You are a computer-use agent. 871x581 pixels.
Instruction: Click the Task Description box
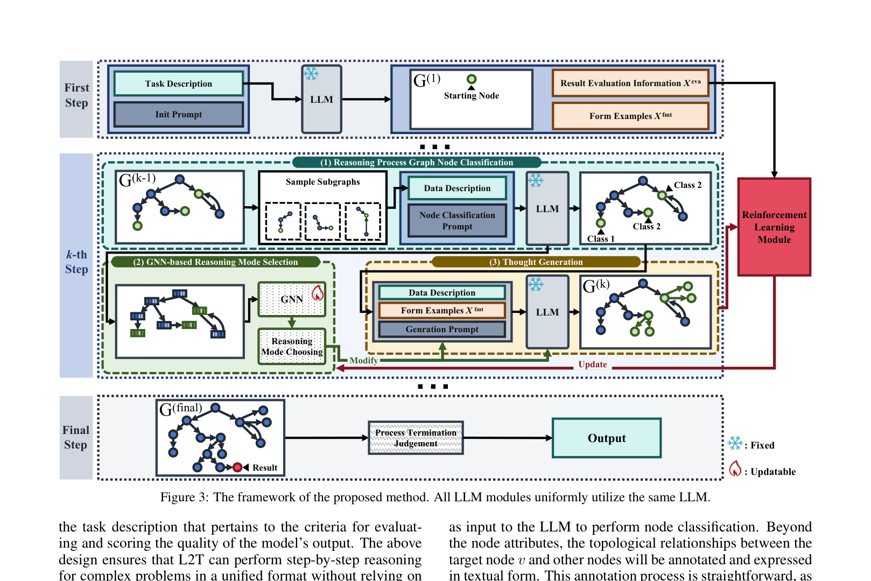click(179, 84)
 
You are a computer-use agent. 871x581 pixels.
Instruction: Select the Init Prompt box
click(179, 115)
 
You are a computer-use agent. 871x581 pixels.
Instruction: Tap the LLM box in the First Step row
click(321, 100)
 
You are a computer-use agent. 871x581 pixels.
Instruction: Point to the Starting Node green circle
click(472, 80)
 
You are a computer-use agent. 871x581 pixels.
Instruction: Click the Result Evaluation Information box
click(630, 83)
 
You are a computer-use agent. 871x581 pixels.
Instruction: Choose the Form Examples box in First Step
click(630, 116)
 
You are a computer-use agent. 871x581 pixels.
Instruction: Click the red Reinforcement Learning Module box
click(774, 227)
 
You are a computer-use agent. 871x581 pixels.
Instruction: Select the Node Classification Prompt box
click(457, 221)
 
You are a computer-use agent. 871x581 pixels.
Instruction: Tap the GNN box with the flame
click(292, 299)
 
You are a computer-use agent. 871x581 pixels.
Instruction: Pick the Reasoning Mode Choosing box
click(292, 347)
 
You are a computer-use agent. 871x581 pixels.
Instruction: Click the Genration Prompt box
click(442, 330)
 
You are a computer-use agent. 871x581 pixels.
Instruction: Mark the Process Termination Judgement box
click(416, 438)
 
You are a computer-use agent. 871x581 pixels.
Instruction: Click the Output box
click(607, 438)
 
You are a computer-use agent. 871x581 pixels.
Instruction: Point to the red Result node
click(237, 467)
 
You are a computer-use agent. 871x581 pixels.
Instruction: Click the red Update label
click(593, 365)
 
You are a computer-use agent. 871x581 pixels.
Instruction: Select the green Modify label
click(363, 361)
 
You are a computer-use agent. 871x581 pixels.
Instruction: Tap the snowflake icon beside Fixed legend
click(735, 444)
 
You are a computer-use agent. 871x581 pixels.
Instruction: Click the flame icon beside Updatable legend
click(735, 469)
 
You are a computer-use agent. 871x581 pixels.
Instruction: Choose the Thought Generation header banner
click(536, 262)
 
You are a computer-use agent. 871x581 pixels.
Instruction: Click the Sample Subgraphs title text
click(322, 182)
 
